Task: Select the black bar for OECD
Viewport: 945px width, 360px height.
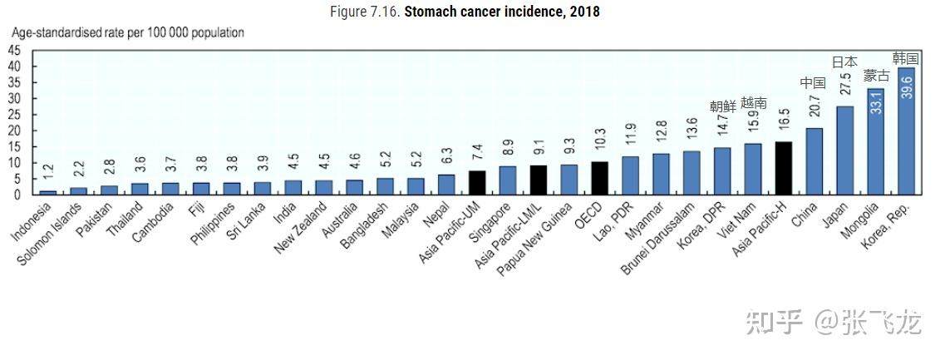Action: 599,178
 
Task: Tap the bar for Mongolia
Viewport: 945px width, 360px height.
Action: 875,141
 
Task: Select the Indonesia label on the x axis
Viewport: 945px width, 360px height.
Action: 32,220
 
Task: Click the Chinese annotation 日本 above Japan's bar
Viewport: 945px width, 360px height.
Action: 844,62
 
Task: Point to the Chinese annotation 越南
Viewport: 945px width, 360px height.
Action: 753,103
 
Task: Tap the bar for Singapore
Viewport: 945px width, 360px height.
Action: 507,180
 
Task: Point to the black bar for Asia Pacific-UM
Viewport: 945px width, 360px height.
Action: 476,182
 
